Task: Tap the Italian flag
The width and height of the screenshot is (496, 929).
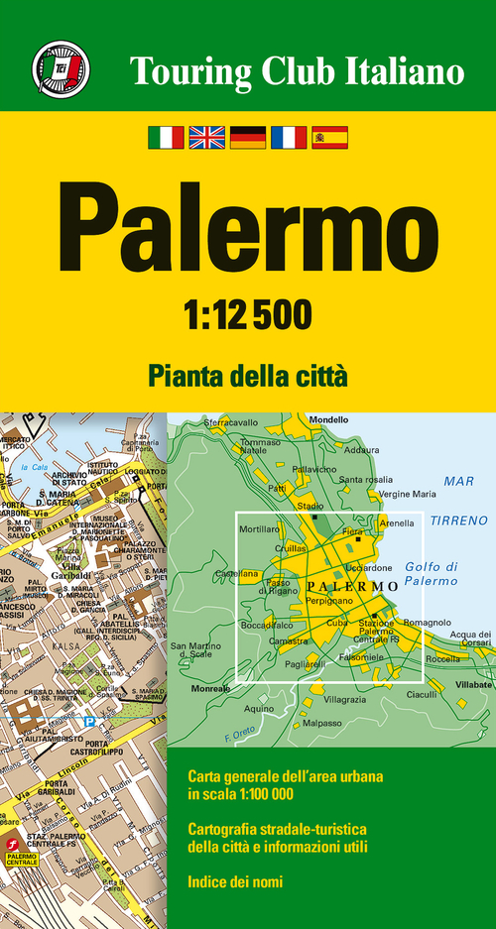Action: point(166,137)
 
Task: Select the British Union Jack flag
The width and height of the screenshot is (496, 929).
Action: point(206,137)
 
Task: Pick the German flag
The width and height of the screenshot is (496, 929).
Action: point(247,137)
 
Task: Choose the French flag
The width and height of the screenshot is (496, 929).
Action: point(289,137)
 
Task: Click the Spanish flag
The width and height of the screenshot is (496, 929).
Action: point(329,137)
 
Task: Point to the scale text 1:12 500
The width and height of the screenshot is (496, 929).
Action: point(248,315)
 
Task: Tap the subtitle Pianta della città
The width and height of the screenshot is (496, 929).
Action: point(247,376)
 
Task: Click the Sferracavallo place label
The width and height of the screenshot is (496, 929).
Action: point(230,423)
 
